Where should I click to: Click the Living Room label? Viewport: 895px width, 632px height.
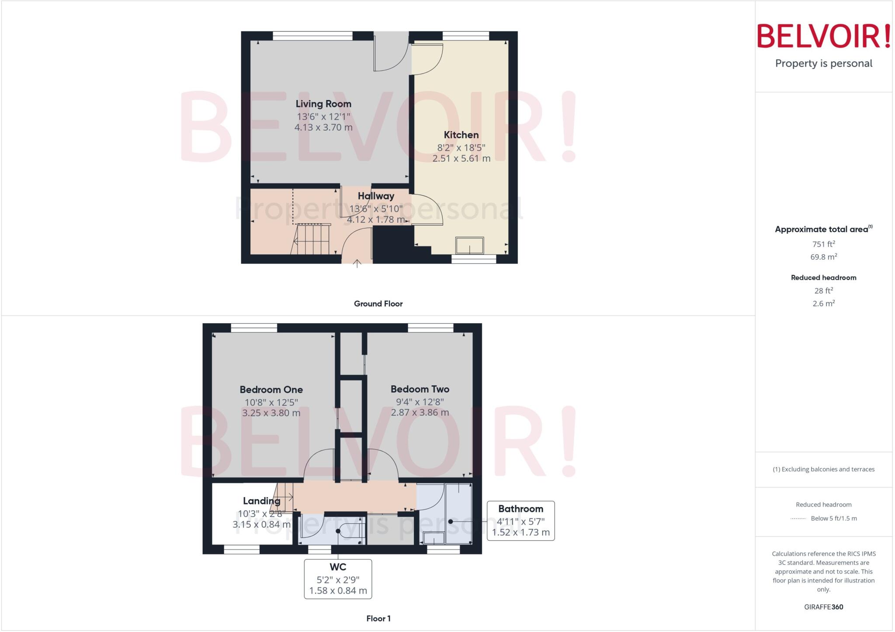pyautogui.click(x=323, y=104)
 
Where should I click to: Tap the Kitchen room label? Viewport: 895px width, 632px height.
pyautogui.click(x=461, y=135)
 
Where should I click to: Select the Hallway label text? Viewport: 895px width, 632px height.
pyautogui.click(x=376, y=196)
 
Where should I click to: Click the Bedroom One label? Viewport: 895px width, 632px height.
pyautogui.click(x=271, y=390)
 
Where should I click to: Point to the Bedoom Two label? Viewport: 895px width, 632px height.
pyautogui.click(x=420, y=389)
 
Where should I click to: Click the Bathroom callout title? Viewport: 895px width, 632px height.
pyautogui.click(x=520, y=509)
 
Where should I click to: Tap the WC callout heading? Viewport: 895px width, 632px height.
pyautogui.click(x=338, y=567)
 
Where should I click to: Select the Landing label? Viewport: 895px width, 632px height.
pyautogui.click(x=261, y=501)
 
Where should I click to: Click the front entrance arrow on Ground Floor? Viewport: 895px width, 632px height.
pyautogui.click(x=357, y=263)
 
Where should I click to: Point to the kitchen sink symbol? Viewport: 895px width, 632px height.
pyautogui.click(x=470, y=245)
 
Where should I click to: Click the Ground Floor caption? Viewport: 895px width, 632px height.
pyautogui.click(x=378, y=304)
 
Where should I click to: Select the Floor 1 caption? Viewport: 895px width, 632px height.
pyautogui.click(x=378, y=618)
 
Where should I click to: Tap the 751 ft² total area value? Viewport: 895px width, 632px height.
pyautogui.click(x=823, y=244)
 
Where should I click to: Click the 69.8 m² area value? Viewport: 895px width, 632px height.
pyautogui.click(x=823, y=257)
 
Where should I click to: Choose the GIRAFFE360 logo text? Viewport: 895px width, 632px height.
pyautogui.click(x=823, y=607)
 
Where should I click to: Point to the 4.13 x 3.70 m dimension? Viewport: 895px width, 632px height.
pyautogui.click(x=323, y=128)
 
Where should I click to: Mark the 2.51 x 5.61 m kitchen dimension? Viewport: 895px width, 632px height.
pyautogui.click(x=461, y=159)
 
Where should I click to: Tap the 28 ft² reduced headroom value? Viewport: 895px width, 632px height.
pyautogui.click(x=823, y=290)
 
